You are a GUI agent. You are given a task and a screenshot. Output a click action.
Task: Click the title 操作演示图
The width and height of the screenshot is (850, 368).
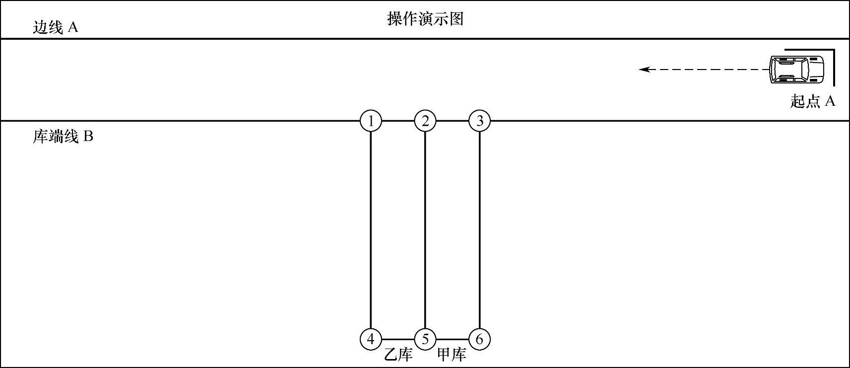425,19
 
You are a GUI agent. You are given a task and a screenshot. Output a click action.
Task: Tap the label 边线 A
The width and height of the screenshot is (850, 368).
56,27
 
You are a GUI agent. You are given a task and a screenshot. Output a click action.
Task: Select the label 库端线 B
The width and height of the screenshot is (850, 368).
63,136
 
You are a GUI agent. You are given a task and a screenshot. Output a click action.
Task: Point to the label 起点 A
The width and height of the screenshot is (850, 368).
813,101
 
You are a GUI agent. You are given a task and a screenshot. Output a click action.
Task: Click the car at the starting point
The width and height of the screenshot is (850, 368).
796,69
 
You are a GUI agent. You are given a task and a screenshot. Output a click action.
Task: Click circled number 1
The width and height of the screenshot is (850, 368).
371,121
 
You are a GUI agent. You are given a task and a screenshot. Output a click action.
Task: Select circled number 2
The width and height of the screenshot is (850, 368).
425,121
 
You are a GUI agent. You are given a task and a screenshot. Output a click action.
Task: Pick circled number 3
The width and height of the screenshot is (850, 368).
479,121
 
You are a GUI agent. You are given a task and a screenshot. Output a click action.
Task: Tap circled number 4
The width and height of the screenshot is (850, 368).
371,339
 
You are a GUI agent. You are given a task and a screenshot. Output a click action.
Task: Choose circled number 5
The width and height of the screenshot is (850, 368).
425,339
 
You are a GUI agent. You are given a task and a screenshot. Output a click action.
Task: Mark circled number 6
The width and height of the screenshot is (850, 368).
479,339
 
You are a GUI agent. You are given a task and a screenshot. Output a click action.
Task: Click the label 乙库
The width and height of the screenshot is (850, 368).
398,355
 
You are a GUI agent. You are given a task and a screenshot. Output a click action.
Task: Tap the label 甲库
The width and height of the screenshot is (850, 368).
452,355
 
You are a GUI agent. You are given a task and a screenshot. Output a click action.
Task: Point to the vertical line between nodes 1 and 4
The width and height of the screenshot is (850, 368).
371,228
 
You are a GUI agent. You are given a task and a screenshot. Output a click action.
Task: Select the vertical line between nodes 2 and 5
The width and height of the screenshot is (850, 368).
425,228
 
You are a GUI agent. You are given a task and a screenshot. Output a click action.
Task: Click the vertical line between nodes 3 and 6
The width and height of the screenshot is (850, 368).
479,228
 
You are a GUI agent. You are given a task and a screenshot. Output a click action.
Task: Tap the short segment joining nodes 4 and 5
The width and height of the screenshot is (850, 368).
398,339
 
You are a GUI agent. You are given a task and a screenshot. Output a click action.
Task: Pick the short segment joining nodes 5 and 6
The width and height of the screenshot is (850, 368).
453,339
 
